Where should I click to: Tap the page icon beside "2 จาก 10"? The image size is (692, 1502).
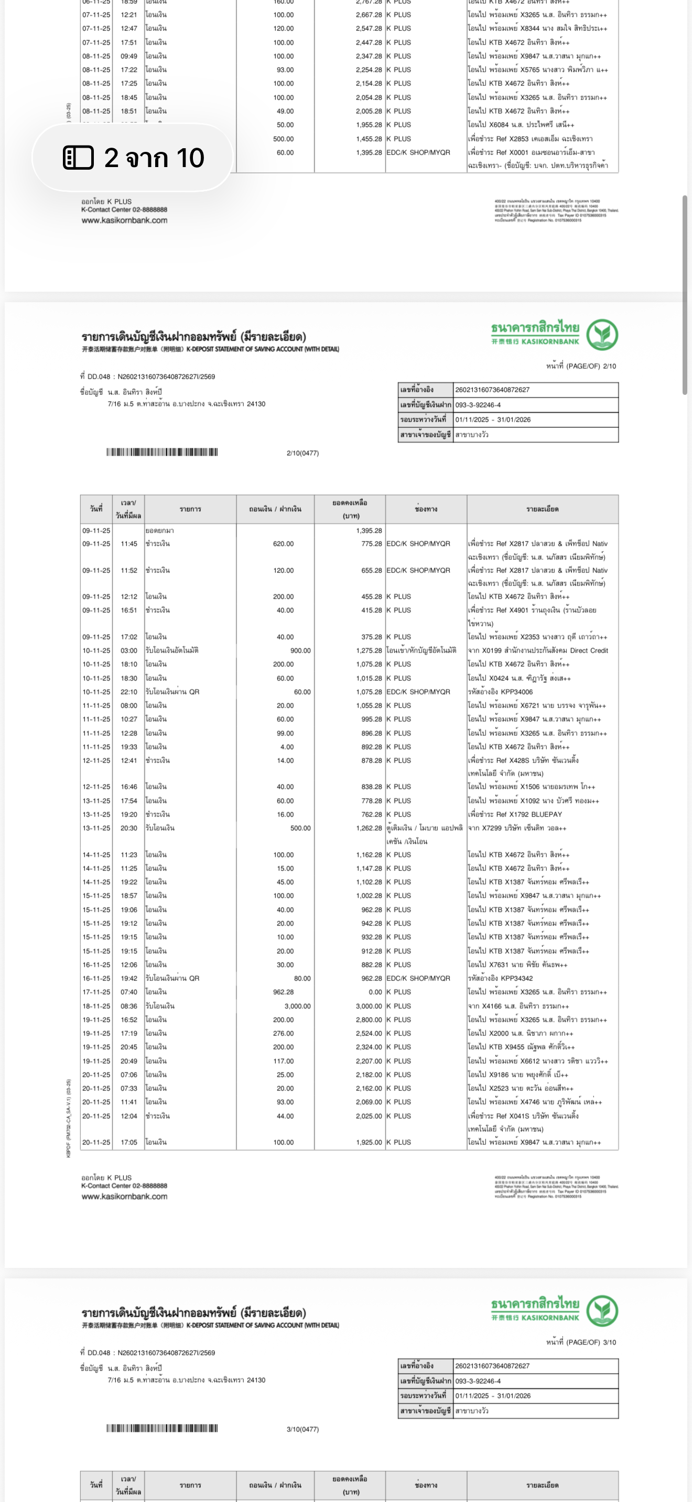click(78, 158)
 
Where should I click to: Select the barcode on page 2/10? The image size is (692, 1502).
click(161, 452)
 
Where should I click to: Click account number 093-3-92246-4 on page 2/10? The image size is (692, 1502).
click(478, 405)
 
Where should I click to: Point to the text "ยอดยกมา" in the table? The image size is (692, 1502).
click(160, 531)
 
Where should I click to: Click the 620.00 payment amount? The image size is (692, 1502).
click(283, 544)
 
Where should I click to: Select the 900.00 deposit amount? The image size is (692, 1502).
click(300, 650)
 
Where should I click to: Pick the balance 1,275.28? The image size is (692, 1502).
click(369, 650)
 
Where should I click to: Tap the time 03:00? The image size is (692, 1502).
click(129, 650)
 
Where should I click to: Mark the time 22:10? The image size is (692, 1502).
click(129, 691)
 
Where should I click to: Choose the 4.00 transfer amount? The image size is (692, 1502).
click(286, 746)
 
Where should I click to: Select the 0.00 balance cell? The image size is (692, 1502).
click(375, 992)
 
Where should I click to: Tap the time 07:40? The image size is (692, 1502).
click(129, 992)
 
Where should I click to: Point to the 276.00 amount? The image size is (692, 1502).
click(283, 1033)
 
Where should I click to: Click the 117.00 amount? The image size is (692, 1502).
click(283, 1061)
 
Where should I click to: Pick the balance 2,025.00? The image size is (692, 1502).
click(369, 1116)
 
